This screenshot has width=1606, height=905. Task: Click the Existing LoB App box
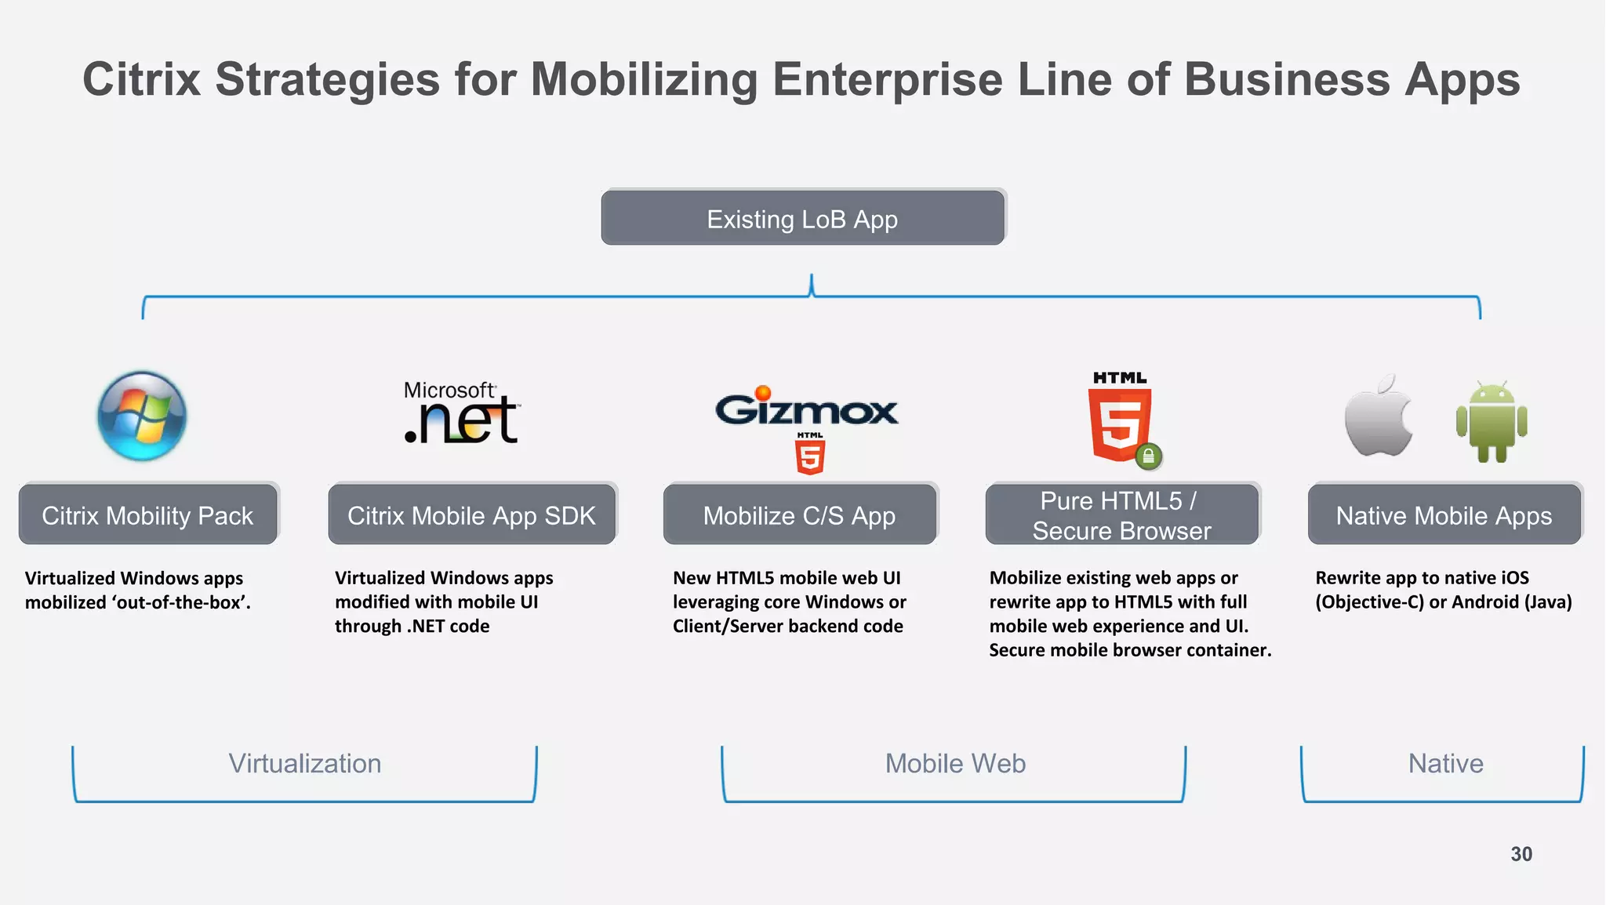click(803, 218)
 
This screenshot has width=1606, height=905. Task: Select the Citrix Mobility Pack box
click(148, 514)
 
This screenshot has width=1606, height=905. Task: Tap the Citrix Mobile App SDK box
click(471, 514)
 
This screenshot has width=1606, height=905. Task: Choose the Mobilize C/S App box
click(799, 514)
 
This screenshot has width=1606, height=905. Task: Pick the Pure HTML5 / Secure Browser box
click(1121, 514)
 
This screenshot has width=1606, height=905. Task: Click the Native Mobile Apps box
click(1444, 514)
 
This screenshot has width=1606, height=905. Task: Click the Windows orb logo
click(142, 416)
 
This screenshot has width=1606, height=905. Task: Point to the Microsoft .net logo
click(461, 413)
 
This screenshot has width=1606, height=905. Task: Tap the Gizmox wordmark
click(806, 409)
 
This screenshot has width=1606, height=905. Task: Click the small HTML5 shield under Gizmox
click(810, 455)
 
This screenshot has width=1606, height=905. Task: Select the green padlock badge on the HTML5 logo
click(1148, 456)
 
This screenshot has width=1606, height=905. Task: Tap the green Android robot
click(1491, 422)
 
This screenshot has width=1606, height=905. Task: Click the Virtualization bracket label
click(304, 763)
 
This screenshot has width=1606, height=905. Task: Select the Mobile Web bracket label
click(955, 763)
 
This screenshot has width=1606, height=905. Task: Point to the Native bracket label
click(1445, 763)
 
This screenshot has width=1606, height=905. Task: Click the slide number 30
click(1521, 854)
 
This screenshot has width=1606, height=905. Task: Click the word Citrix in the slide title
click(141, 79)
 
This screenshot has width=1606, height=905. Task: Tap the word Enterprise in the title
click(887, 79)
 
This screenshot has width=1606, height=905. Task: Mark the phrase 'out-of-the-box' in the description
click(183, 602)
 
